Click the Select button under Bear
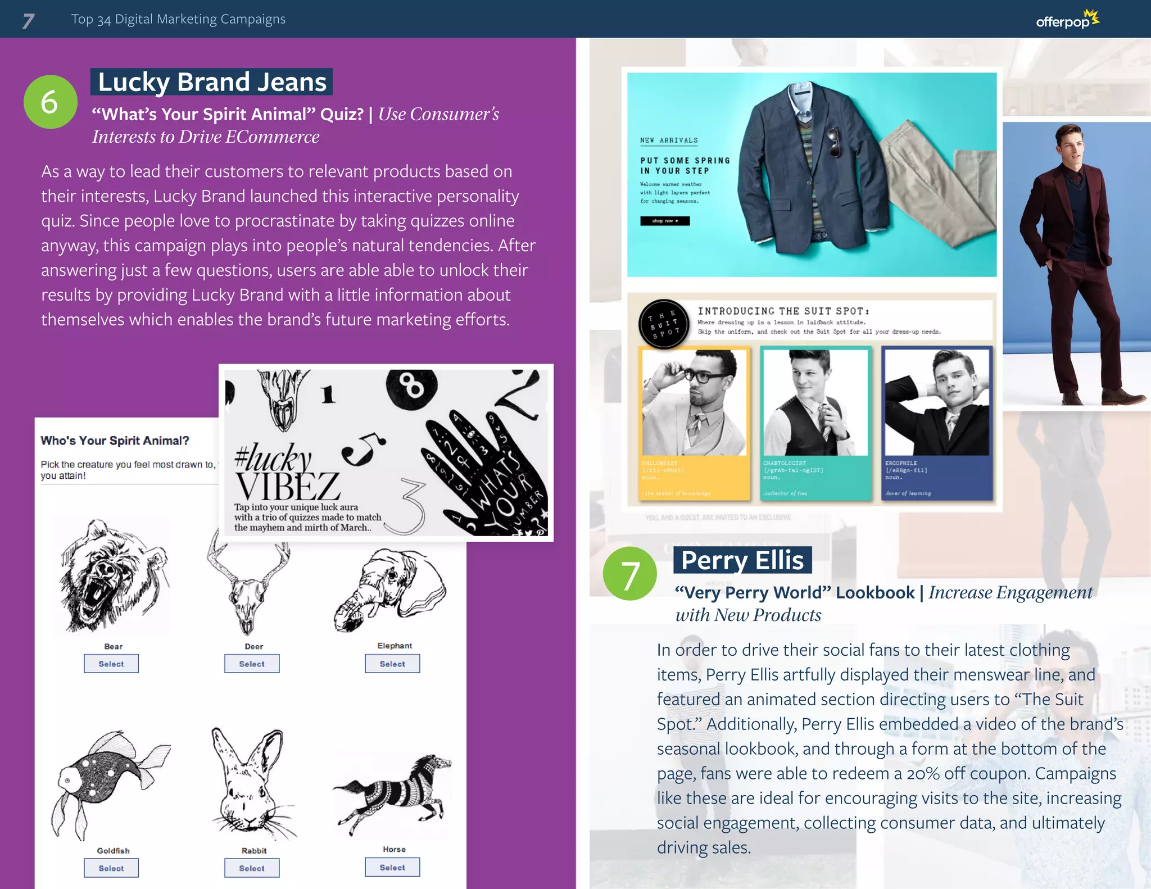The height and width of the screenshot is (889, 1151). click(111, 664)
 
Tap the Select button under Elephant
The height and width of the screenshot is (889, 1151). click(392, 664)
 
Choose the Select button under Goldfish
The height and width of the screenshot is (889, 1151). click(111, 868)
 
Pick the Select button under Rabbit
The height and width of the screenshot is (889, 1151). click(252, 868)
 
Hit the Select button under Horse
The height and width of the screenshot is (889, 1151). click(392, 867)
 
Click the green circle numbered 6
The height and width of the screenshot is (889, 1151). click(50, 102)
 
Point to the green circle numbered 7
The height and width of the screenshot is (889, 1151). click(629, 574)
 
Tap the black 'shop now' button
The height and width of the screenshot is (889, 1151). click(665, 221)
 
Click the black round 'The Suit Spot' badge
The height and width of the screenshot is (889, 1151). click(664, 324)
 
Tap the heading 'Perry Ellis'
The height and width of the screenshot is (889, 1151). click(742, 560)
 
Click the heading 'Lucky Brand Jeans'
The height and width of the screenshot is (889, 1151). click(212, 82)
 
